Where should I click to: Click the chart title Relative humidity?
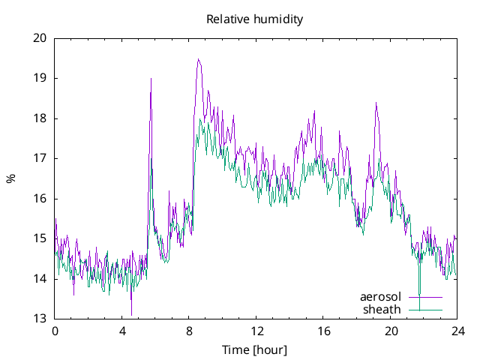point(255,19)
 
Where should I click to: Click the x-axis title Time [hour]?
point(255,349)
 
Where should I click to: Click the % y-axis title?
point(10,178)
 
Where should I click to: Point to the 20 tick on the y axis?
point(40,38)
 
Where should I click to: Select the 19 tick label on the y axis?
point(40,78)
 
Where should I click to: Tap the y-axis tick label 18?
point(40,118)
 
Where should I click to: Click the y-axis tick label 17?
point(40,158)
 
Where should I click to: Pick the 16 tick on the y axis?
point(40,199)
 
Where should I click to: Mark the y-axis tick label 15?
point(40,238)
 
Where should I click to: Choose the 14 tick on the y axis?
point(40,279)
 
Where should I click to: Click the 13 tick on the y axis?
point(40,319)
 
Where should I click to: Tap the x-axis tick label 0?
point(55,331)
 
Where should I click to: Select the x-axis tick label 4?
point(122,331)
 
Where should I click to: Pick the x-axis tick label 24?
point(458,331)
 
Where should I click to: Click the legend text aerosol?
point(381,296)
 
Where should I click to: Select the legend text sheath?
point(382,309)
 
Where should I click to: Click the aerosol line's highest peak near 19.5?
point(198,59)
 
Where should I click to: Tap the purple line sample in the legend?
point(425,297)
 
